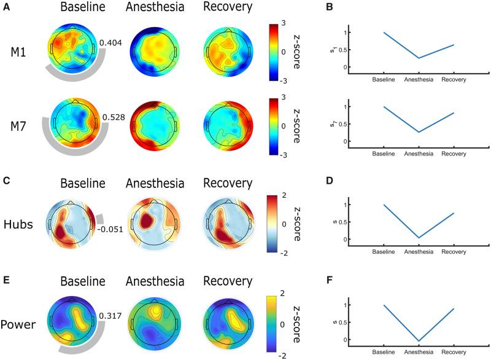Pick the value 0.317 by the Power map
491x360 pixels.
point(109,316)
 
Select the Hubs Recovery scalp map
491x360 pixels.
point(227,224)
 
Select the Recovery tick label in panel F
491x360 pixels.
point(454,353)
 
